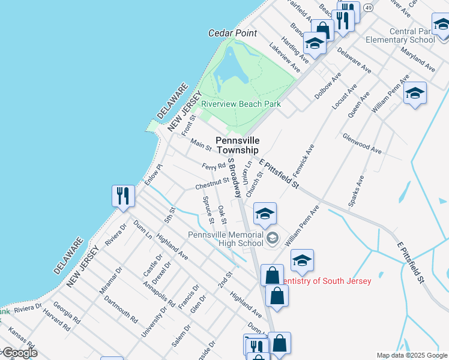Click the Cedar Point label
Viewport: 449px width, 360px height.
tap(232, 34)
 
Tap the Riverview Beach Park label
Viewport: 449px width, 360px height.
tap(241, 104)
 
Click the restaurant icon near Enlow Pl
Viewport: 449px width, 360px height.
tap(122, 196)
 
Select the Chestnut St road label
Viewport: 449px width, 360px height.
tap(212, 183)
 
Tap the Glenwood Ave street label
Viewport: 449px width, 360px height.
tap(362, 145)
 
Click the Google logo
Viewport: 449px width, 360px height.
tap(19, 353)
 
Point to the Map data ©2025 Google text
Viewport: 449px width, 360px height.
tap(412, 355)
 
